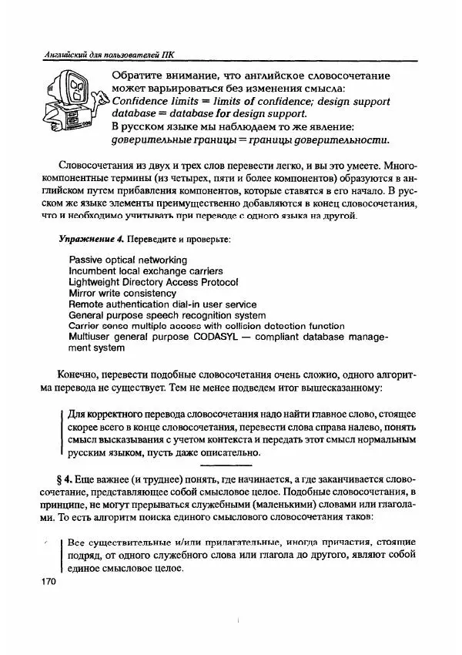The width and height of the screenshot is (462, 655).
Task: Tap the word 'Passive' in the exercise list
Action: point(86,260)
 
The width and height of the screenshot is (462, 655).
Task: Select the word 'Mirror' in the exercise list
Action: point(83,294)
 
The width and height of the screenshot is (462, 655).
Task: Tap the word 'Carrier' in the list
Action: point(85,326)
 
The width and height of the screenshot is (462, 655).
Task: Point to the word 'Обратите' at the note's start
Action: point(139,76)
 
